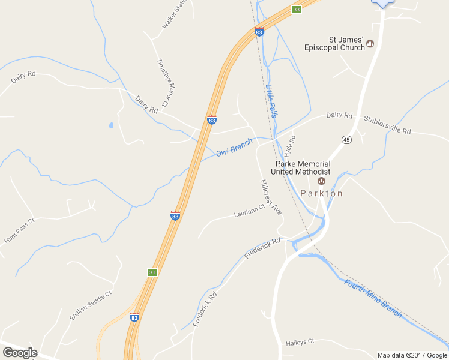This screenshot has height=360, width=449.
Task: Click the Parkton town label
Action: pos(321,193)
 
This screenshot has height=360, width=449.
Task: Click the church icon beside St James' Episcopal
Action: pos(370,44)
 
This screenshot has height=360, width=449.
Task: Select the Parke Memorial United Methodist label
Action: pos(303,167)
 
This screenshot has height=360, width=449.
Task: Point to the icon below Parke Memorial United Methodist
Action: pos(321,181)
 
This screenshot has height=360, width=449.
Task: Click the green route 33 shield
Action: pos(296,10)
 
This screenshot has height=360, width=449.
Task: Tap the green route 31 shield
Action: pos(152,272)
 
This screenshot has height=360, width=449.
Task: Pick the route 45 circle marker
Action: pos(346,139)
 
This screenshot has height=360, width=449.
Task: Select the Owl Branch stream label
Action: pos(234,148)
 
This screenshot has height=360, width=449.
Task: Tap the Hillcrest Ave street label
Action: pos(271,197)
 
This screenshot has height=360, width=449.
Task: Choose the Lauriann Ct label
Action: pos(249,211)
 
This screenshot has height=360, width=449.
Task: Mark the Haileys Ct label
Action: pos(298,341)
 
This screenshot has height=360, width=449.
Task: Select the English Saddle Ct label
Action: pos(91,305)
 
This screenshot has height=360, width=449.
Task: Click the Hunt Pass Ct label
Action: pos(20,230)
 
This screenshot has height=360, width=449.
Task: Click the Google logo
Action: pos(20,353)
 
